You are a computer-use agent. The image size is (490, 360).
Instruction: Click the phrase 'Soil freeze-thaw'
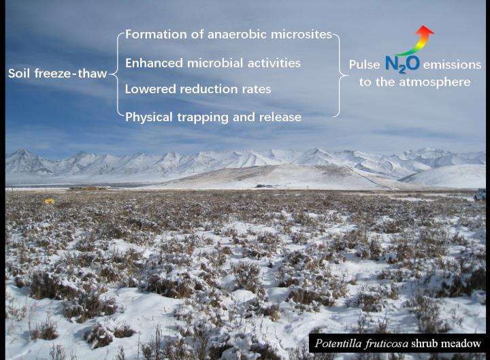pyautogui.click(x=57, y=73)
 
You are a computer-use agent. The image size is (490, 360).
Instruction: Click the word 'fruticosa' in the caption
pyautogui.click(x=388, y=343)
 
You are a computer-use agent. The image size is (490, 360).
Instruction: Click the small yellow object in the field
pyautogui.click(x=50, y=201)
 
